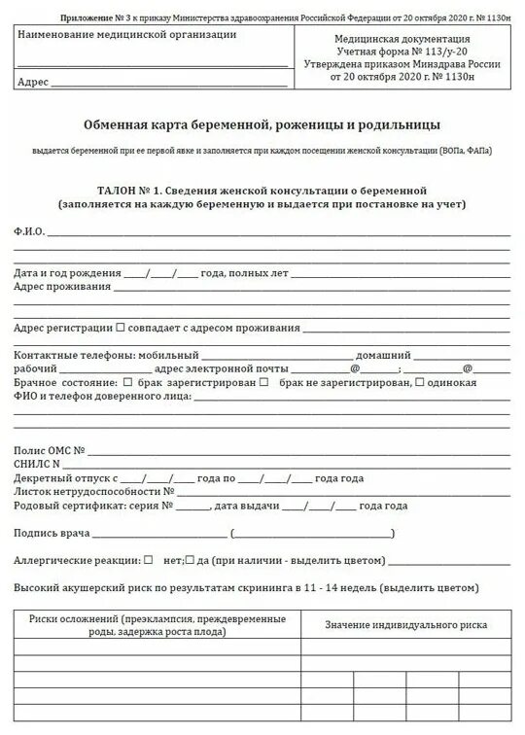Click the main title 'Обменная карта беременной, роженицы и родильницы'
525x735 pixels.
[262, 125]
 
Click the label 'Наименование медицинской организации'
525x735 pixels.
[126, 35]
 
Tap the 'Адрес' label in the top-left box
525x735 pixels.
[32, 82]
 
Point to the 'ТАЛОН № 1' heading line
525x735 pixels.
[262, 191]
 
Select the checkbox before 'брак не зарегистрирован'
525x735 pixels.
[263, 382]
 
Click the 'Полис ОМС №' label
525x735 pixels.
[51, 451]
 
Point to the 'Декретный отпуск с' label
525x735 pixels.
[65, 478]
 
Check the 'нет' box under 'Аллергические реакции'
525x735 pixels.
[148, 560]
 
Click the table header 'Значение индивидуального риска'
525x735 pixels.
[405, 624]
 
